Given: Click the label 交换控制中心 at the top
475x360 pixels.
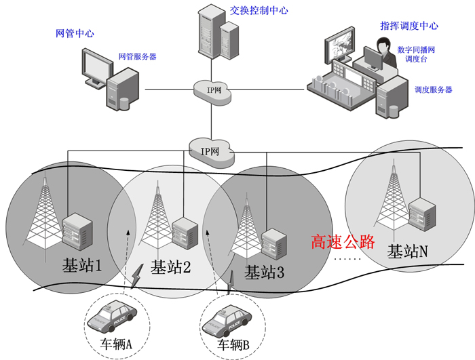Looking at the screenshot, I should click(259, 11).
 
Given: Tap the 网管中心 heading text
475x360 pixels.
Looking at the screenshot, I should click(74, 33).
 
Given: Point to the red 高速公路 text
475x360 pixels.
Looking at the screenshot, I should click(343, 242).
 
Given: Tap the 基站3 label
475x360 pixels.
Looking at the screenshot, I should click(264, 273).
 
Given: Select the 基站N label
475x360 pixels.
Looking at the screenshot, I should click(407, 252).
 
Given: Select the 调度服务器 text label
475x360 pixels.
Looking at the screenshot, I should click(433, 89).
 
